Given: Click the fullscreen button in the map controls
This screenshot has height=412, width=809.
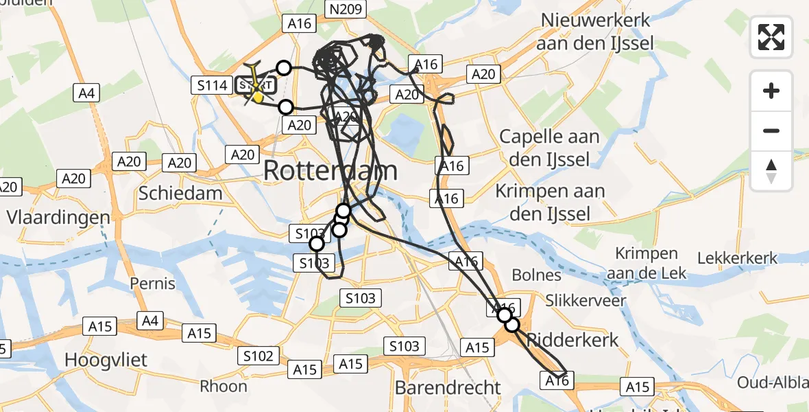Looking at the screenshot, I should (771, 36).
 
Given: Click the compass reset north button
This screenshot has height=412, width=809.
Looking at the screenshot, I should (771, 171).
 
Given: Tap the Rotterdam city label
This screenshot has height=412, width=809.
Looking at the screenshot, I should (330, 170).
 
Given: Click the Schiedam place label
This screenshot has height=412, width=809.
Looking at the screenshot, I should (180, 193).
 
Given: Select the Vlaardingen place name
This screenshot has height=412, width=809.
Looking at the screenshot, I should (58, 218).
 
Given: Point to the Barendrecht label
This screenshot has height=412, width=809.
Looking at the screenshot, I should (448, 387).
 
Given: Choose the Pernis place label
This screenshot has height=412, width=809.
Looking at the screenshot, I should (153, 283).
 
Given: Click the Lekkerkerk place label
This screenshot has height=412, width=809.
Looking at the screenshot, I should (737, 258).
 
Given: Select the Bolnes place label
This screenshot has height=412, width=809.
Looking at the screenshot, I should (538, 275).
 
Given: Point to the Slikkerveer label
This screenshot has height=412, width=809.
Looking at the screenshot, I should (585, 300).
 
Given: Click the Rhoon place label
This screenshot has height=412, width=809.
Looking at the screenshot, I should (224, 386).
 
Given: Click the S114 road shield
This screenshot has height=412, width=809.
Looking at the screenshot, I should (212, 86).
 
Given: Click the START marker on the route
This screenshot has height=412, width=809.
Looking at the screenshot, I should (256, 86).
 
